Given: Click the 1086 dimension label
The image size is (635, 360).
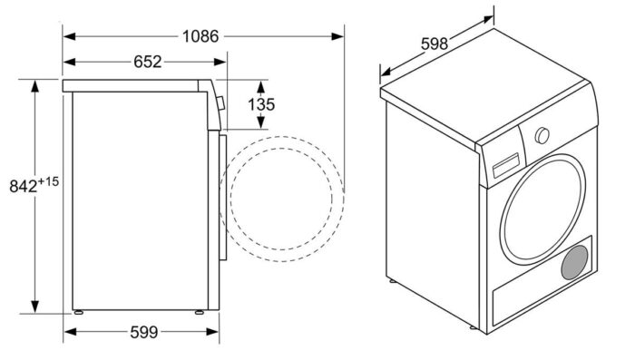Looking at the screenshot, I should click(200, 36).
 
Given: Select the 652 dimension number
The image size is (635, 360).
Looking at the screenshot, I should click(147, 63).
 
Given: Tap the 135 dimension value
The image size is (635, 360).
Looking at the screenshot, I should click(260, 104).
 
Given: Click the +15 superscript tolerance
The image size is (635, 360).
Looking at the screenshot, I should click(48, 181).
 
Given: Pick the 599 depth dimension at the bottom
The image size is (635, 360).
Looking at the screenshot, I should click(144, 331).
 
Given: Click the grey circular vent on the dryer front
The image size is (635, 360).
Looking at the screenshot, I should click(573, 264).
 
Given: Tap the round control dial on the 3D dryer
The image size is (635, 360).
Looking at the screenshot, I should click(542, 135).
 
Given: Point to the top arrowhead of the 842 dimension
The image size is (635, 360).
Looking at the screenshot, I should click(35, 84).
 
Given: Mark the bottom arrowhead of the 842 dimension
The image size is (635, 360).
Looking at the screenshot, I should click(35, 308).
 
